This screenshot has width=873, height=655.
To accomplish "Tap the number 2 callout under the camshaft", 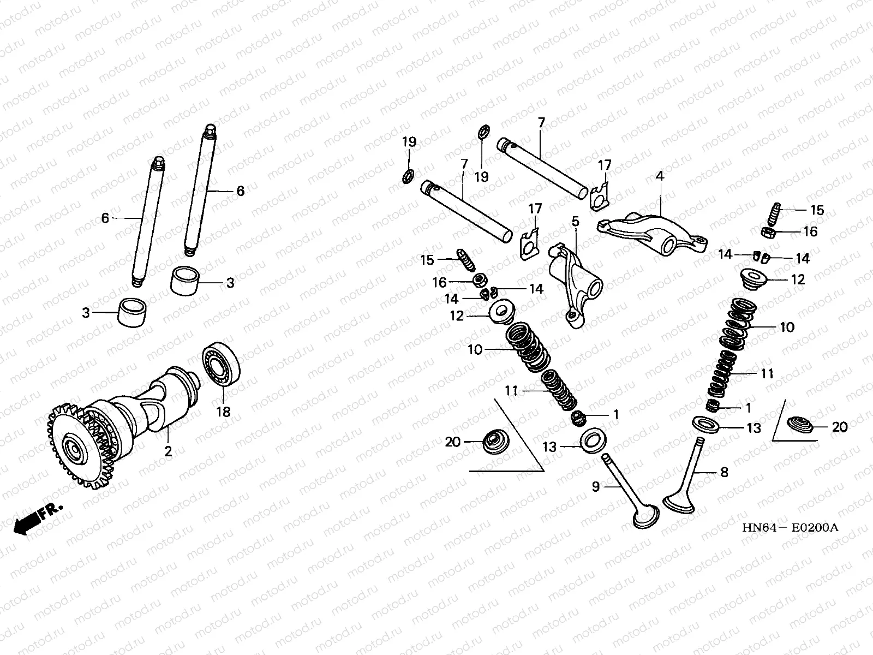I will point(168,451).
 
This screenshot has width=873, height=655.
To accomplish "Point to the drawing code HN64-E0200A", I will point(790,528).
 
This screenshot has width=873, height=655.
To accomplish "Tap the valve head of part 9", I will point(646,518).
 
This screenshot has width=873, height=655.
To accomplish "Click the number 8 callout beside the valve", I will point(724,472).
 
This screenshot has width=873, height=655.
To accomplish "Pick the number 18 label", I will point(224,412).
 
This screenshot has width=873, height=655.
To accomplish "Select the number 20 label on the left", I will point(452,442).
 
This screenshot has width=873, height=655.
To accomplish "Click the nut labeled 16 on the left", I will point(480,281).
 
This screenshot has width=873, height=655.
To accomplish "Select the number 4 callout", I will point(660,176).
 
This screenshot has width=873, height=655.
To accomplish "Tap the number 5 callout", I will point(575,221).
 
